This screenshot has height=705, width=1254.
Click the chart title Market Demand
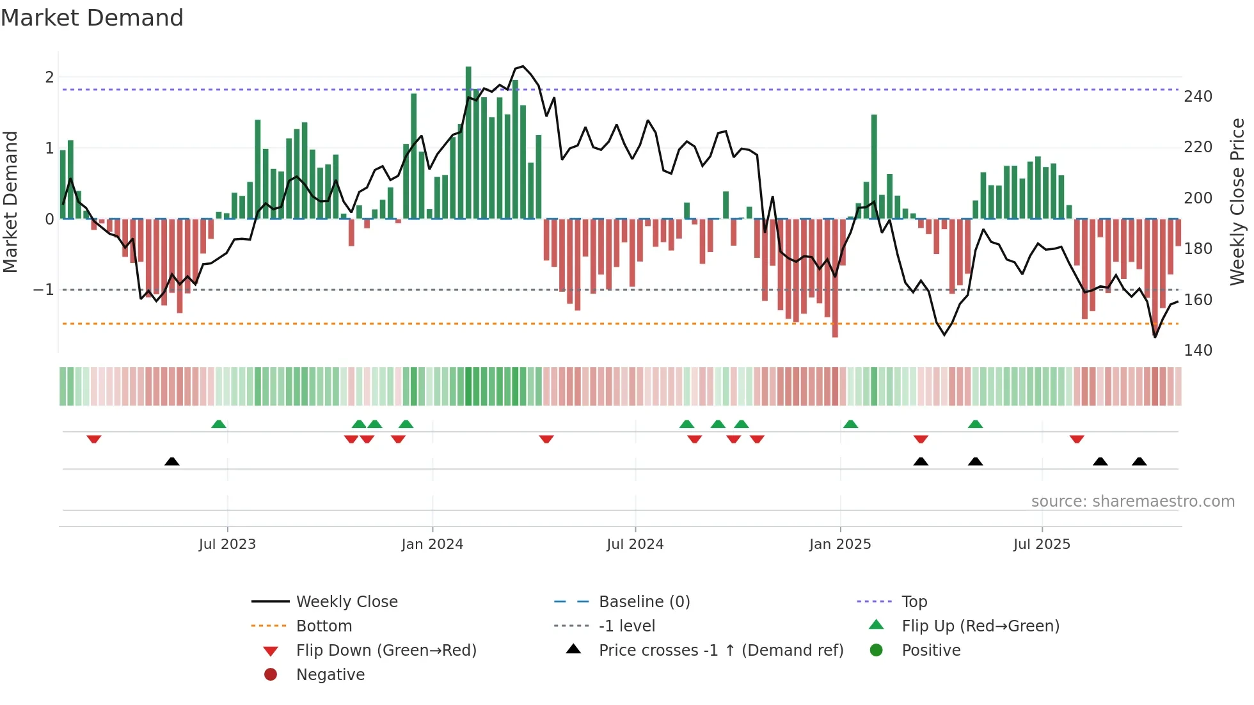[x=92, y=18]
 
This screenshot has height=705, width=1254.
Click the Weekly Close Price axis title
[x=1237, y=202]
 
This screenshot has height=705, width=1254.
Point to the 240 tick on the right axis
[x=1198, y=97]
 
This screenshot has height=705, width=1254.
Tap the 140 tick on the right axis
[x=1198, y=351]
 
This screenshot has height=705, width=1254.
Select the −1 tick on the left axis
[x=44, y=290]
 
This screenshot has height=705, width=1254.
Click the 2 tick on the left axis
[x=49, y=77]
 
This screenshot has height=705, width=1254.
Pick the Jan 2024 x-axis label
[x=432, y=544]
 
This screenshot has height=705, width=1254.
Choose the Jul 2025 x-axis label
[x=1041, y=544]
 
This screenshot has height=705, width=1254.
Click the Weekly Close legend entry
[x=346, y=602]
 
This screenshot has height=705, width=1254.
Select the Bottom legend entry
[x=324, y=626]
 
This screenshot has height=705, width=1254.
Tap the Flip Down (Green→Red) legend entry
[x=386, y=651]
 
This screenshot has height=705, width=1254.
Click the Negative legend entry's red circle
[x=271, y=675]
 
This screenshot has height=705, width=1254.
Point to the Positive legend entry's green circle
[x=877, y=651]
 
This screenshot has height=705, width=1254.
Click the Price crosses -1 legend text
[x=720, y=651]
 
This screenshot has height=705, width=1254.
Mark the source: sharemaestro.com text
[x=1132, y=502]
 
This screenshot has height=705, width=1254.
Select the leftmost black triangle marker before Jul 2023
[x=171, y=462]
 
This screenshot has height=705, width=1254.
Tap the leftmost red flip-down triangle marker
[x=94, y=439]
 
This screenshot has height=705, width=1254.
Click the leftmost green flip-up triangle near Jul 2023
[x=219, y=424]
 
